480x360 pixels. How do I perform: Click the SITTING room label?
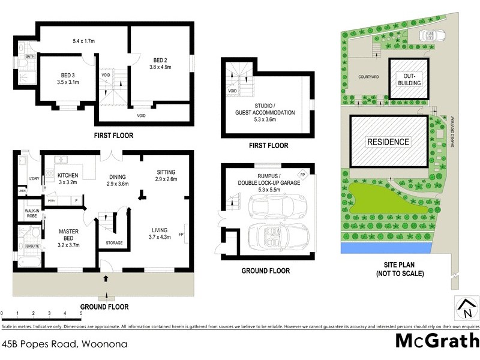[x=166, y=172]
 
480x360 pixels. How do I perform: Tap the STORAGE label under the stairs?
[x=114, y=243]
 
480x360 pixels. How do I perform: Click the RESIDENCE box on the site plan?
[x=388, y=142]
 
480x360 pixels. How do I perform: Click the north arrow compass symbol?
[x=466, y=308]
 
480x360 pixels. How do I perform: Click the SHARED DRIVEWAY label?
[x=454, y=133]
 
